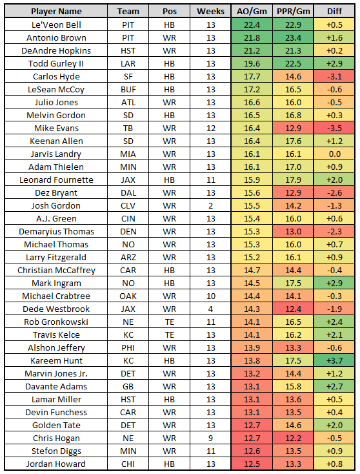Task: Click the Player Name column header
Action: point(56,12)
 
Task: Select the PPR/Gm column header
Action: point(294,12)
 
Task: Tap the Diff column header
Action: point(334,12)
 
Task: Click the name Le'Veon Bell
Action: point(56,25)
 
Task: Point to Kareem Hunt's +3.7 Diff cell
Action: point(334,360)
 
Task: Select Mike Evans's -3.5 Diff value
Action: point(334,128)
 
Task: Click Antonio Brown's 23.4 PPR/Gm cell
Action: point(294,38)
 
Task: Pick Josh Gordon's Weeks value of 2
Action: point(210,206)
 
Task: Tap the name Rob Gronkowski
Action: point(56,322)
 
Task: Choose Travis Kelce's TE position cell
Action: point(170,335)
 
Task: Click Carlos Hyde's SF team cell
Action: point(128,76)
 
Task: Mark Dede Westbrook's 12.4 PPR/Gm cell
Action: point(294,309)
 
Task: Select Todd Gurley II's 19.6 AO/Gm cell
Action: point(252,63)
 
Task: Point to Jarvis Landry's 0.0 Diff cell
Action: point(334,154)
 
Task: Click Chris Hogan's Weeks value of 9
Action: point(210,438)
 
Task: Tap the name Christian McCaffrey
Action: point(56,270)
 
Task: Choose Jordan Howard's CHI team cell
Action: point(128,464)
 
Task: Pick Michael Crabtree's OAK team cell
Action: point(128,296)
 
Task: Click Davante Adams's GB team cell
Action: point(128,387)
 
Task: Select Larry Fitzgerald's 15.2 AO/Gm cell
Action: point(252,258)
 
